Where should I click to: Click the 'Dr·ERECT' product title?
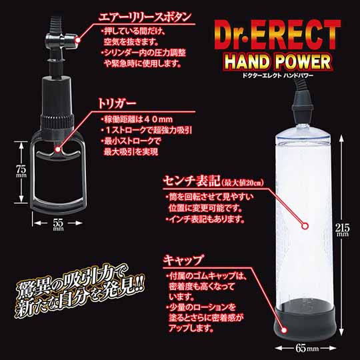(x=277, y=35)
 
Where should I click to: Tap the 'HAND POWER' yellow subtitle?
(x=277, y=61)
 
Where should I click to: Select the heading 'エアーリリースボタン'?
(x=145, y=17)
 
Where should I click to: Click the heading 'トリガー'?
(x=117, y=103)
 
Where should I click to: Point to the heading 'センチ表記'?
(x=192, y=181)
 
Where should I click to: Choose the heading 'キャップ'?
(x=183, y=260)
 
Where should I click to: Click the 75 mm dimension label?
(x=21, y=171)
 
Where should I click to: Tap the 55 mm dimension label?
(x=58, y=225)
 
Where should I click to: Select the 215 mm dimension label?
(x=342, y=229)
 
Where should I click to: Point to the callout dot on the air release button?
(x=78, y=40)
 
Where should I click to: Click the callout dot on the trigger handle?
(x=57, y=149)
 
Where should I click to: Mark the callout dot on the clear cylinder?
(x=305, y=226)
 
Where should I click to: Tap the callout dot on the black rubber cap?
(x=284, y=330)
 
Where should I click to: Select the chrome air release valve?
(x=61, y=41)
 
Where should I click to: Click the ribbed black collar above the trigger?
(x=57, y=121)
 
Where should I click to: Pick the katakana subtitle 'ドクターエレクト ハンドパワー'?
(x=278, y=75)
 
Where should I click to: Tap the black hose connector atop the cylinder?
(x=301, y=105)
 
